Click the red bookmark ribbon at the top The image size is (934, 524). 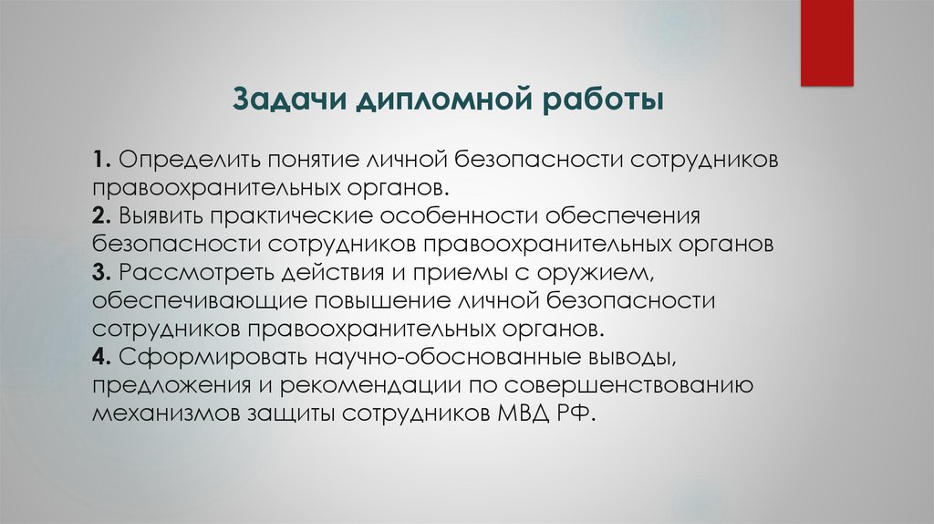[x=826, y=42]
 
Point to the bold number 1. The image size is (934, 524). [x=99, y=160]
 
